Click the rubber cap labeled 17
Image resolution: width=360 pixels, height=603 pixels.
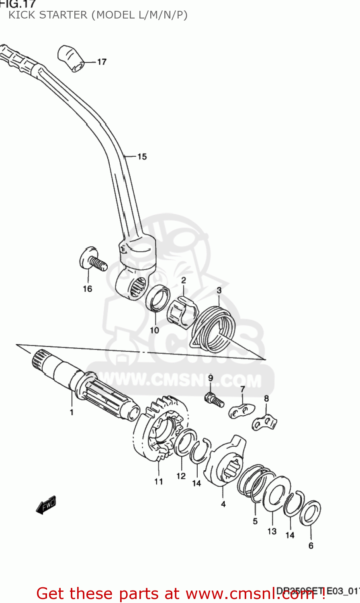(x=71, y=58)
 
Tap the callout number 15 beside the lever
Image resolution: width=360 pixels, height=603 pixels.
(x=142, y=157)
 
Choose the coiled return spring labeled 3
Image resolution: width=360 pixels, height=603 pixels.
(x=212, y=324)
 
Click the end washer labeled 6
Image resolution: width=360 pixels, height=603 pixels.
(x=311, y=513)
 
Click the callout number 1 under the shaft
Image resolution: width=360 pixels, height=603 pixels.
(x=72, y=412)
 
